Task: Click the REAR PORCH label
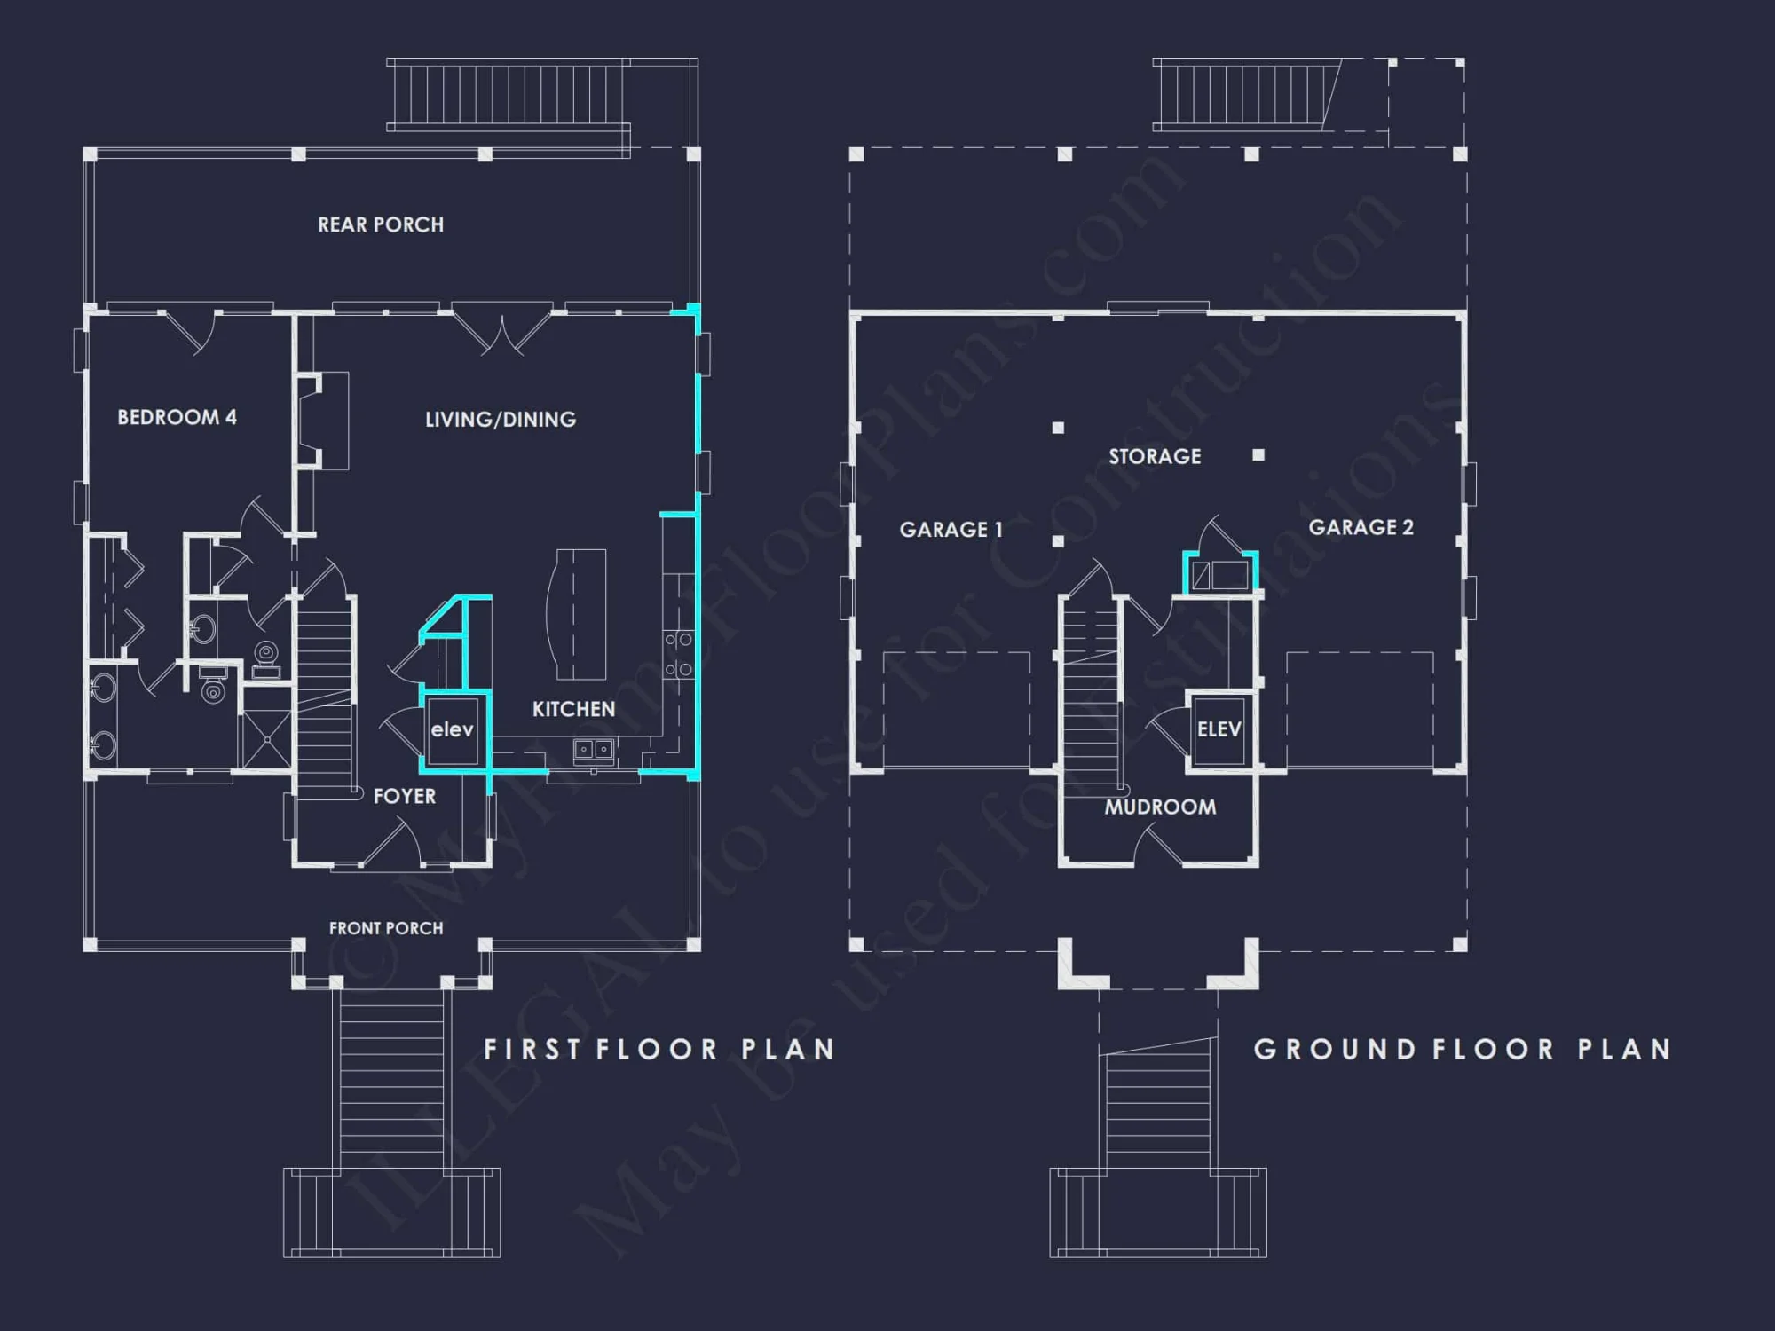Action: (x=381, y=224)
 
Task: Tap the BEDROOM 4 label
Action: (x=177, y=417)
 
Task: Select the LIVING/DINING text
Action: (x=500, y=419)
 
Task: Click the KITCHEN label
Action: (x=573, y=709)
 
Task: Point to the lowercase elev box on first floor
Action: (x=453, y=730)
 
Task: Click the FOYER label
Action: (x=405, y=796)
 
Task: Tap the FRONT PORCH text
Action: (x=386, y=928)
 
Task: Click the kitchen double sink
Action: (x=593, y=751)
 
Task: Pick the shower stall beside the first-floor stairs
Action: (x=267, y=738)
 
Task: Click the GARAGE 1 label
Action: (x=951, y=530)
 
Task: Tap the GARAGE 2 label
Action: (x=1361, y=527)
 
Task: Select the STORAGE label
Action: (x=1155, y=456)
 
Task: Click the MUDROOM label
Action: (x=1160, y=807)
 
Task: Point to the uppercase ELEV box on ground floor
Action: (x=1219, y=729)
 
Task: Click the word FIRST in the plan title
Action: (x=532, y=1050)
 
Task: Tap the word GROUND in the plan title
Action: (x=1334, y=1050)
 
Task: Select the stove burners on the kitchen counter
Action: (x=679, y=654)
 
